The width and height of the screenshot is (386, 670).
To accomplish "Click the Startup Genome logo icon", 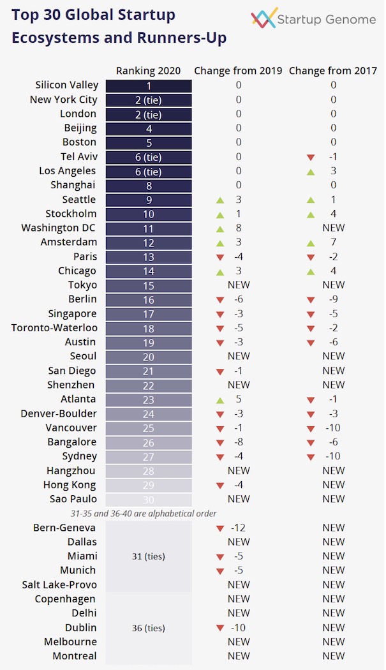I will (264, 19).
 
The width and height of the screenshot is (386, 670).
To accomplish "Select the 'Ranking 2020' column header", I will (148, 71).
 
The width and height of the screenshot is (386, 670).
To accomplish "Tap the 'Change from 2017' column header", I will (332, 71).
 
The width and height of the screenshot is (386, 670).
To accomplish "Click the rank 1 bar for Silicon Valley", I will (149, 86).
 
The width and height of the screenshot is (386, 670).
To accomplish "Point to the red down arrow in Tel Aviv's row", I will (311, 157).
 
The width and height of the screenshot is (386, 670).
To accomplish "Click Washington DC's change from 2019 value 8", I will (239, 228).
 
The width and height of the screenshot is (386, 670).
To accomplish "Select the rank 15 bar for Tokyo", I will (149, 285).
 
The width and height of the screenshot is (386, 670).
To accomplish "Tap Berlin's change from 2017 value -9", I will (333, 299).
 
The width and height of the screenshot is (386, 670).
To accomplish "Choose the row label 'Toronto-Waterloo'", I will (54, 328).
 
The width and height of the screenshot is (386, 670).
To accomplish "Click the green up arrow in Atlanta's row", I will (220, 399).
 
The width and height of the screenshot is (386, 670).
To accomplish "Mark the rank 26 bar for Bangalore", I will (149, 442).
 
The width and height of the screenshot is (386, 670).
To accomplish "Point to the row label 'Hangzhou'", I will (71, 471).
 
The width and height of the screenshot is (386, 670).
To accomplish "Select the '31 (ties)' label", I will (148, 556).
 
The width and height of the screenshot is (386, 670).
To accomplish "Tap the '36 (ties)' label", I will (148, 628).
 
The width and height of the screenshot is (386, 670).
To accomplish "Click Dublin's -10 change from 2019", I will (239, 628).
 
